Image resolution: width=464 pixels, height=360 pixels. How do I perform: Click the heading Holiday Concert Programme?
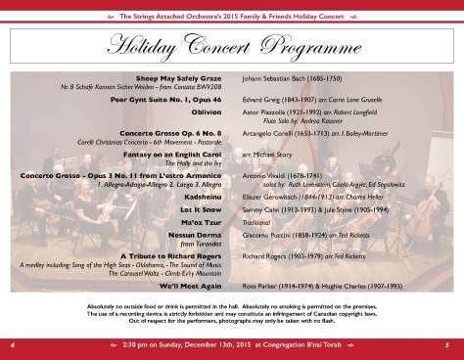click(x=232, y=44)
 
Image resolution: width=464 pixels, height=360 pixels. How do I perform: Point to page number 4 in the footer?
click(x=14, y=345)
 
